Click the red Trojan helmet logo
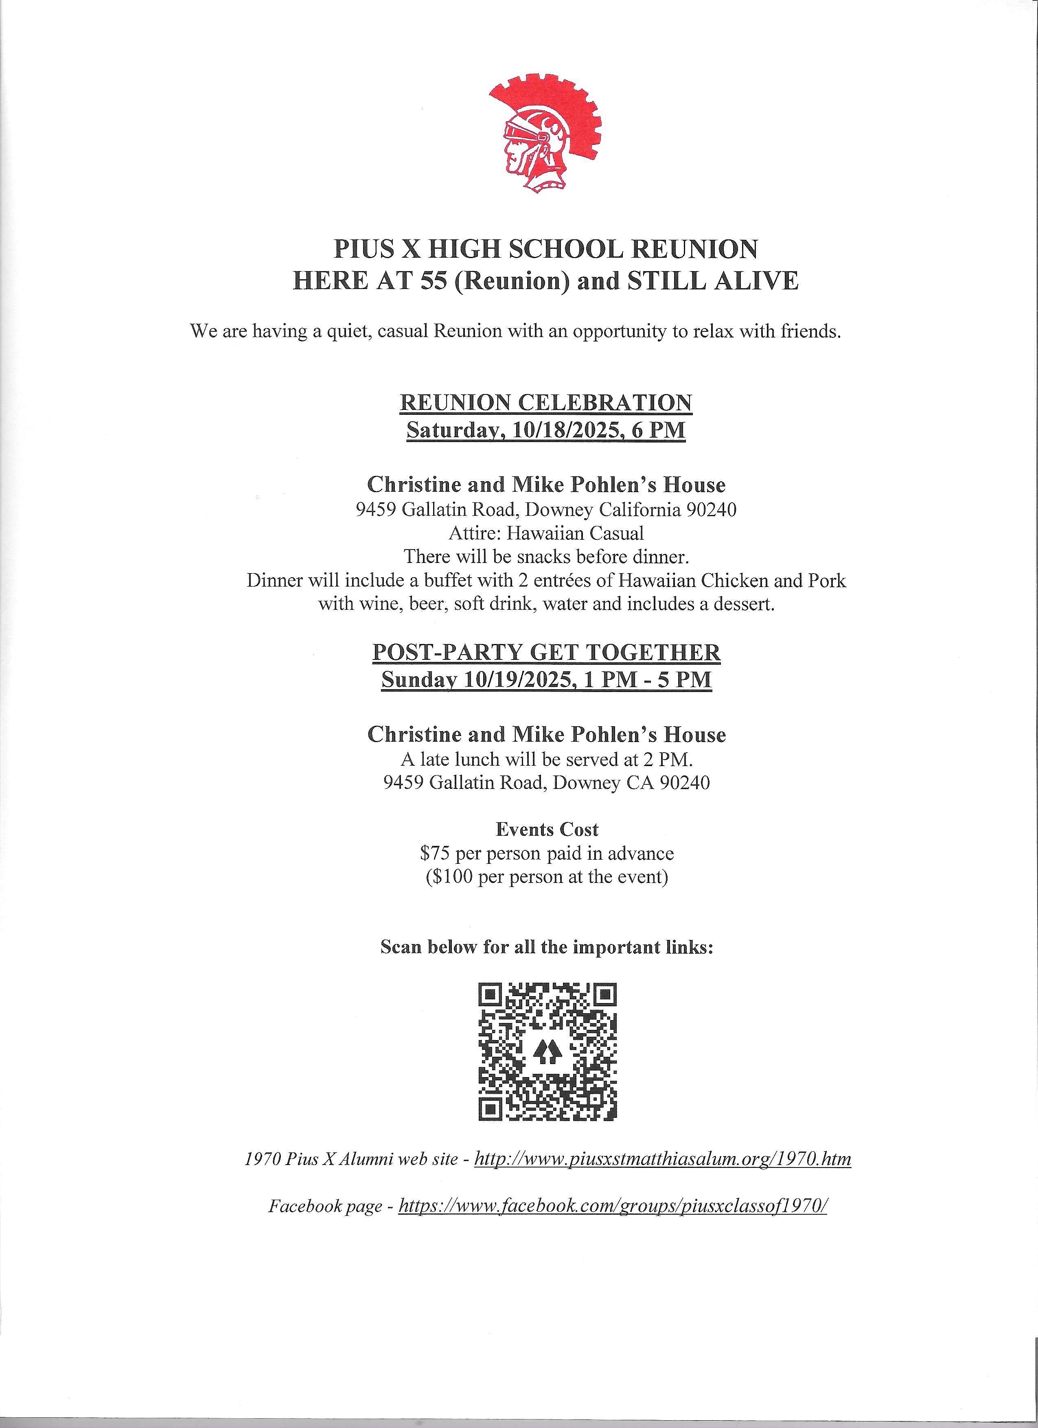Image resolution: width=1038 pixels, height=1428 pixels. click(x=545, y=134)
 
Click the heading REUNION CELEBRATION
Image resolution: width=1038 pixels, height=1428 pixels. click(x=546, y=403)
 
